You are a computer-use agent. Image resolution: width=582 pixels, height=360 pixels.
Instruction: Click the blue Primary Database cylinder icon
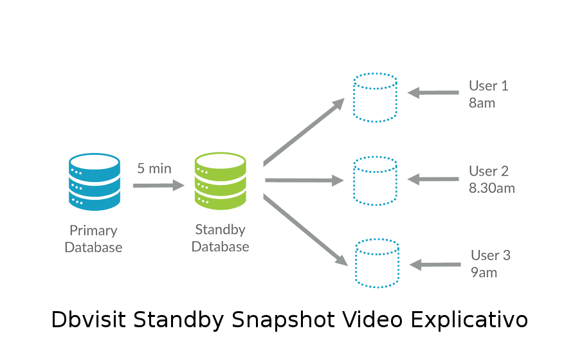click(x=95, y=182)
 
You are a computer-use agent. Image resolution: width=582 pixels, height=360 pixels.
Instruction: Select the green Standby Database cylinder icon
click(x=220, y=181)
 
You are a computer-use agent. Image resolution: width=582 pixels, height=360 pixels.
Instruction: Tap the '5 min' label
click(x=154, y=168)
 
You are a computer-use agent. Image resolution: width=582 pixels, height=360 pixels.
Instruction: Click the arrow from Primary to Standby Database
click(x=158, y=185)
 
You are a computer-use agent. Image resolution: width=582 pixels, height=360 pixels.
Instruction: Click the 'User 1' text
click(x=489, y=85)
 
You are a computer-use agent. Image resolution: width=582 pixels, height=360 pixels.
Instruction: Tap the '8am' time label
click(x=482, y=103)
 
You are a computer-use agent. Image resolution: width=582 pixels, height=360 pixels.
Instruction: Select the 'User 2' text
click(x=489, y=171)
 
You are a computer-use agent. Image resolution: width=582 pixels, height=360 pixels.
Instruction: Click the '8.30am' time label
click(x=492, y=188)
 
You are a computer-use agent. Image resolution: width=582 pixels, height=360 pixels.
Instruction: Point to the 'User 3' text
click(x=491, y=255)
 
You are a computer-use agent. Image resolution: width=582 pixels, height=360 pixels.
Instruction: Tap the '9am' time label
click(x=484, y=273)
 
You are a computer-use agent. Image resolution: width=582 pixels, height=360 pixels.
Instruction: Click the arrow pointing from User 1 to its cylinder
click(x=433, y=93)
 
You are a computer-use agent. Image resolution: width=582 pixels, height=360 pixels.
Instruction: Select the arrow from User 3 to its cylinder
click(x=435, y=265)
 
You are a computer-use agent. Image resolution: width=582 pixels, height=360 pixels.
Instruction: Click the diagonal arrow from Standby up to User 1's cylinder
click(x=304, y=132)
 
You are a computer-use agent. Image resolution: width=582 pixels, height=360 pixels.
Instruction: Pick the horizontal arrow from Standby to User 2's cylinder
click(x=304, y=181)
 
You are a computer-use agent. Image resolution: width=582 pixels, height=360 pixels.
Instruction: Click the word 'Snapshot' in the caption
click(x=283, y=319)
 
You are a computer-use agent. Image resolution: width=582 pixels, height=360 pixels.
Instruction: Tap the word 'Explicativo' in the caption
click(x=469, y=319)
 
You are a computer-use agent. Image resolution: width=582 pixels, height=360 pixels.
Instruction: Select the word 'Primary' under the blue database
click(x=93, y=231)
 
